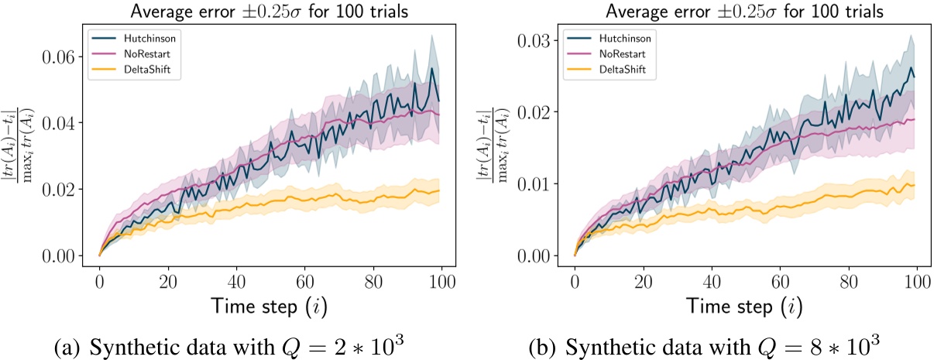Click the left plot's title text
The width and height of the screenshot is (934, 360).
click(x=271, y=10)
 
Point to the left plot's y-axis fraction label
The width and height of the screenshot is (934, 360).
click(x=18, y=147)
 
